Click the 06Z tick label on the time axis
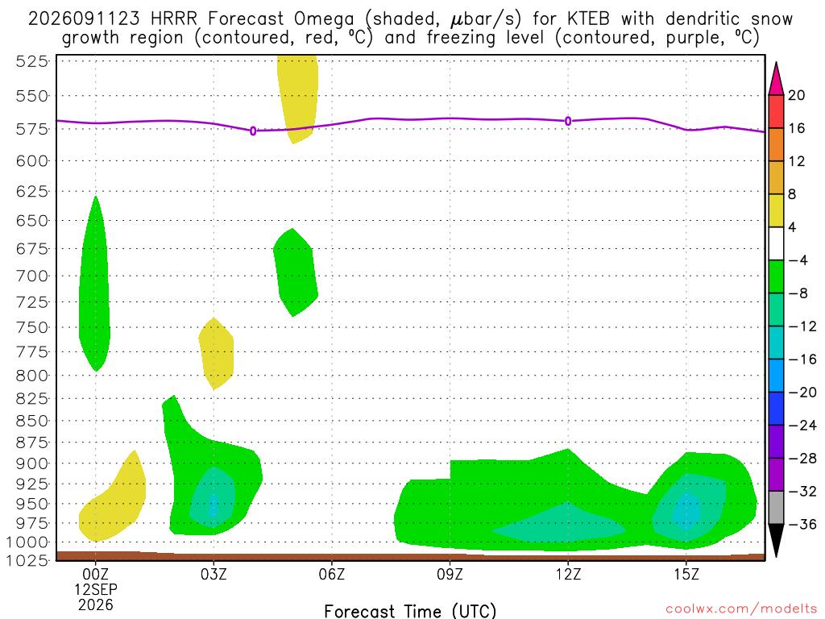[331, 574]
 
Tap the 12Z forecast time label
[568, 574]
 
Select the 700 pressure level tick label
[32, 276]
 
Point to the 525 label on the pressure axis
[32, 61]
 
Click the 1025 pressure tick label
[27, 560]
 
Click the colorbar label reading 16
[797, 128]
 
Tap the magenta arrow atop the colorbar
[776, 78]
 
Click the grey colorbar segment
[776, 508]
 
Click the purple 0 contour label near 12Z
[568, 121]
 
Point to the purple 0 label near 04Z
[253, 131]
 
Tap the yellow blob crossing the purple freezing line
[298, 98]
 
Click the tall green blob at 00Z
[95, 289]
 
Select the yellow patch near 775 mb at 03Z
[216, 354]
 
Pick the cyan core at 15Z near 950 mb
[686, 510]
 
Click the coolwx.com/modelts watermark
[741, 609]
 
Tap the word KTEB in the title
[589, 19]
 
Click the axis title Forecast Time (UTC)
[410, 611]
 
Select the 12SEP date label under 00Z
[96, 589]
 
